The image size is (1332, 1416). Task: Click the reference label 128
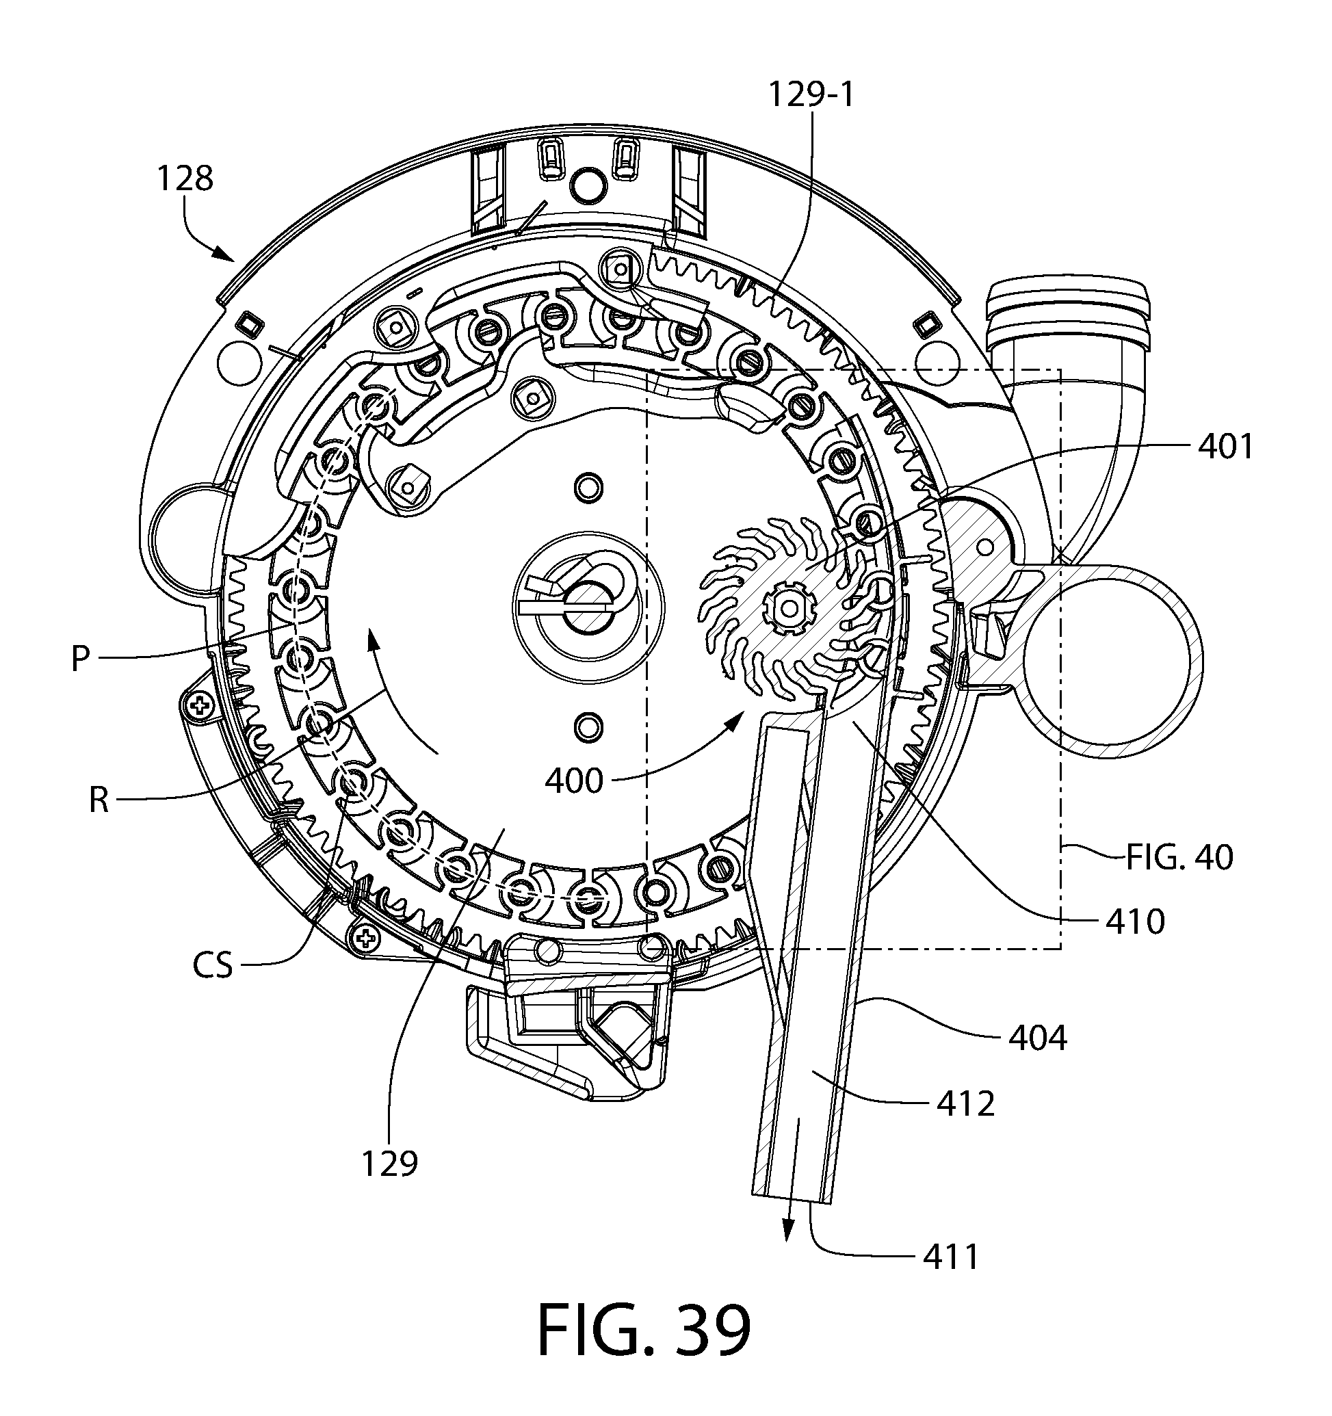pos(185,179)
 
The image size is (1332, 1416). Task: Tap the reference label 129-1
pos(811,94)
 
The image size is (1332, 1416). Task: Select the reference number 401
pos(1225,447)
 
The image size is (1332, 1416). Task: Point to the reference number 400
pos(574,781)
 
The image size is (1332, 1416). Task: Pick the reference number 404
pos(1038,1038)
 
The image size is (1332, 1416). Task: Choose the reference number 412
pos(965,1104)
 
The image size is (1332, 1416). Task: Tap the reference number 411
pos(952,1257)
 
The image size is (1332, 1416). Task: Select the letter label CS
pos(212,967)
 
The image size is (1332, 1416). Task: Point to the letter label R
pos(99,800)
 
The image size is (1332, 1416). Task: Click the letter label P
pos(81,659)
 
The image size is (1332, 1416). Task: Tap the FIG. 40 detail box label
pos(1179,858)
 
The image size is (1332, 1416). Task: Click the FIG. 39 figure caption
pos(644,1330)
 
